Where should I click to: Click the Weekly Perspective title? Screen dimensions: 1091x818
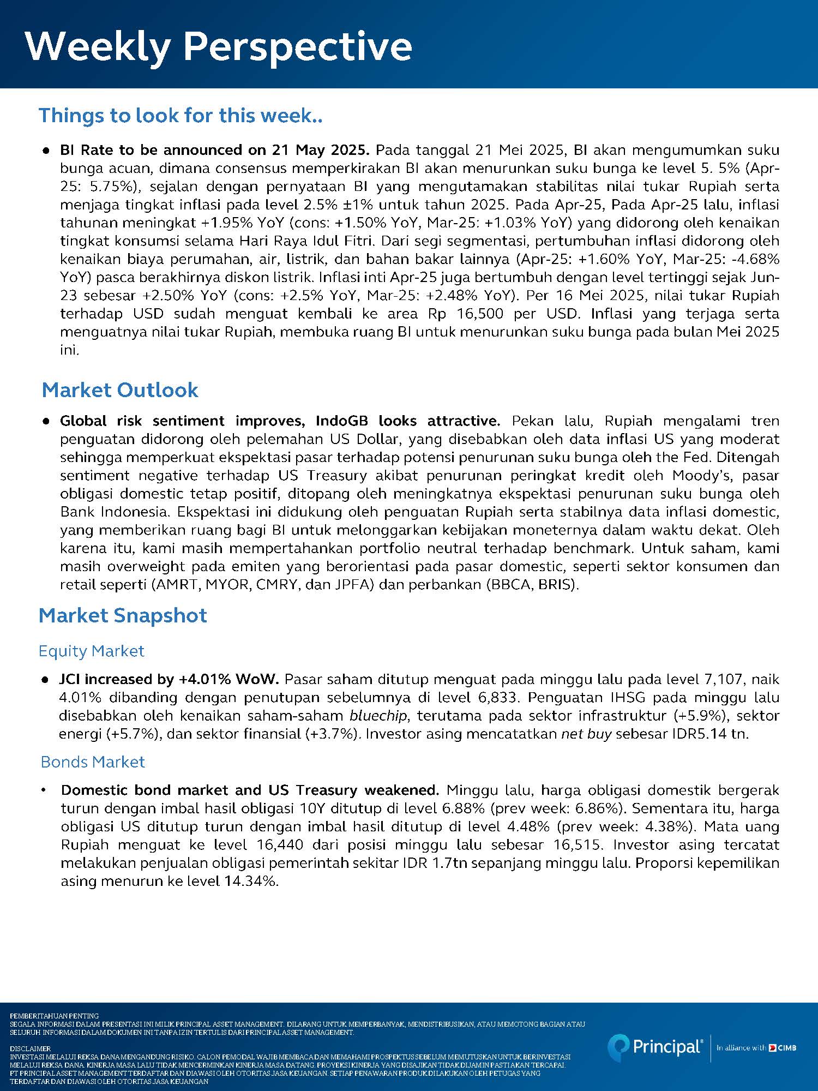[218, 46]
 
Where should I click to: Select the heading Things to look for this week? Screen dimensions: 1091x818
[180, 115]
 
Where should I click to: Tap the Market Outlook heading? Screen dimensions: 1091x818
[120, 390]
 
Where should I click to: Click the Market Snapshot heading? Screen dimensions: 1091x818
[123, 615]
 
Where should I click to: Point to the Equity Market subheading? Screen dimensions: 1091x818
[91, 651]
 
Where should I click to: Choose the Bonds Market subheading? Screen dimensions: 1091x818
[93, 762]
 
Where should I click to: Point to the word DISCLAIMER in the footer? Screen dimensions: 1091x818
[30, 1048]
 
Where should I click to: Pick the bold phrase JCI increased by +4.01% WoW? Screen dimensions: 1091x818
[169, 679]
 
